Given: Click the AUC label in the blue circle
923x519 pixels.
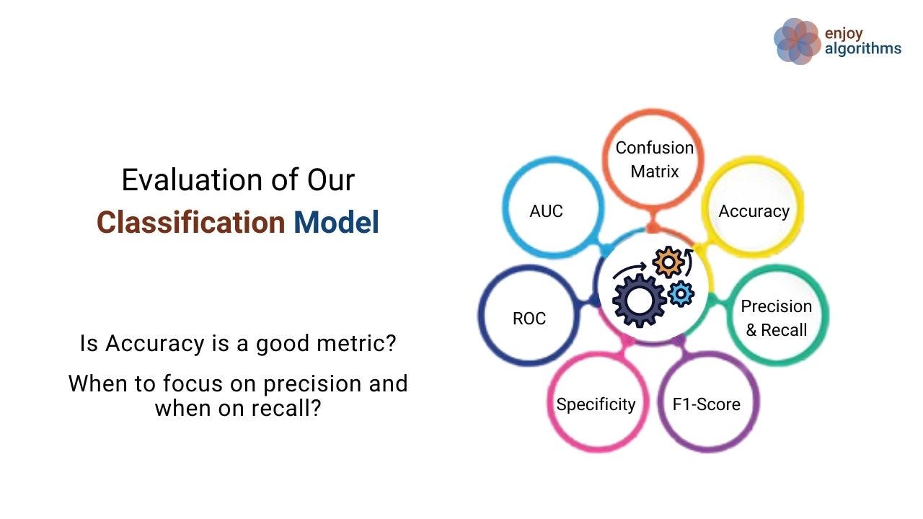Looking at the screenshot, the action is [x=546, y=211].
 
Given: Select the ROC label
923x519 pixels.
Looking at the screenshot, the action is [x=529, y=319].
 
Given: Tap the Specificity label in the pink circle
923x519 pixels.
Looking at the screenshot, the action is [x=596, y=404].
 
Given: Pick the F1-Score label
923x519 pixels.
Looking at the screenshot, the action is [x=706, y=404].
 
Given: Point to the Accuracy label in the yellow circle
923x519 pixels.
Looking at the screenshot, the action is [x=754, y=211].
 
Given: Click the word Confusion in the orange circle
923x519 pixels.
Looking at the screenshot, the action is [x=654, y=148].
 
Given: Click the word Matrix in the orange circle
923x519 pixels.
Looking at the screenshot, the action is [x=654, y=172].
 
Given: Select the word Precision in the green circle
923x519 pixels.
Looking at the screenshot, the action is [x=777, y=306].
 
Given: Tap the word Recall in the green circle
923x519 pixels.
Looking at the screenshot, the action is [x=784, y=330].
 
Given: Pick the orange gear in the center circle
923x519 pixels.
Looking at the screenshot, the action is [x=668, y=262].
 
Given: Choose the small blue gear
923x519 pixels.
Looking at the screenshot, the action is [x=681, y=293].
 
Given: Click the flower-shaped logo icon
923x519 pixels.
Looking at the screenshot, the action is [x=798, y=41].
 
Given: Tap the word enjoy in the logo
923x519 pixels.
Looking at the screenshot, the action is [x=844, y=34].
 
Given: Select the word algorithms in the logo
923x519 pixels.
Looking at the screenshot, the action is [x=863, y=48].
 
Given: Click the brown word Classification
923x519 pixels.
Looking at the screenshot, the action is [x=191, y=223].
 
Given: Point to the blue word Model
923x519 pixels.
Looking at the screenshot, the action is [x=336, y=223].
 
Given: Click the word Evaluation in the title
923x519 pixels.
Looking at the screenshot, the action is [x=193, y=180].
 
